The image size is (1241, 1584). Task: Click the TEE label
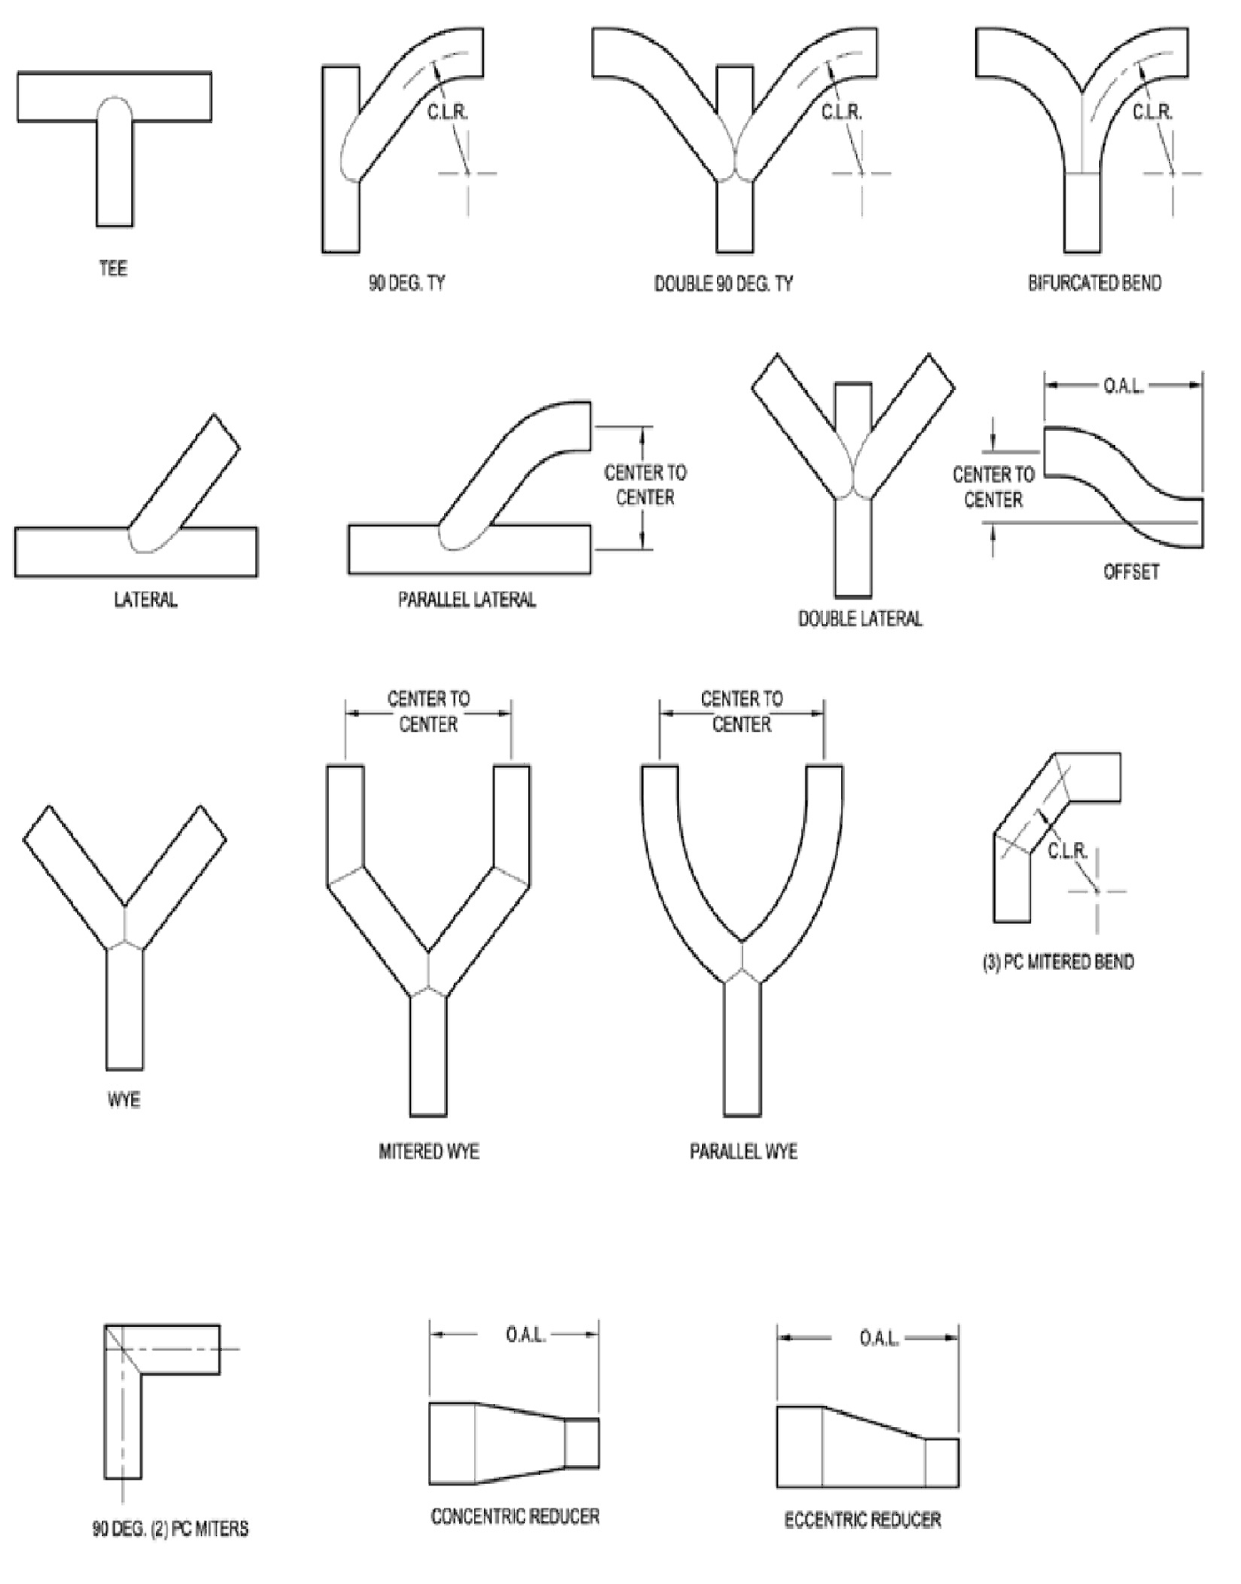[x=113, y=268]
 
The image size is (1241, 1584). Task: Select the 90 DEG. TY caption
[x=407, y=284]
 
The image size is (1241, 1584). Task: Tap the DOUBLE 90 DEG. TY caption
[x=723, y=284]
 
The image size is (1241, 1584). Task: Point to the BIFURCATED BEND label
[x=1094, y=284]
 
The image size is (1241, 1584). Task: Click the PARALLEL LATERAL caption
[x=467, y=600]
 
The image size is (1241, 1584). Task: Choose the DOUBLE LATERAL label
[x=860, y=619]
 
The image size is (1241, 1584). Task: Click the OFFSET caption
[x=1131, y=572]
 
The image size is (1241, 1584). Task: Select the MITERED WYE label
[x=429, y=1151]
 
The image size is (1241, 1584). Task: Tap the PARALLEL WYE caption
[x=743, y=1151]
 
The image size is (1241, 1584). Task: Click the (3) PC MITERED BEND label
[x=1058, y=962]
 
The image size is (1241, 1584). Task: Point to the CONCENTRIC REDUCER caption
[x=515, y=1516]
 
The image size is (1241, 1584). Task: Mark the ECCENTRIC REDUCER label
[x=862, y=1520]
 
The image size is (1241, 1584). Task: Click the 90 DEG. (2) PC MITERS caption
[x=170, y=1528]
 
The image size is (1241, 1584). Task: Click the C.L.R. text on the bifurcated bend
[x=1152, y=113]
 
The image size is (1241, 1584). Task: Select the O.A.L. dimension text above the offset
[x=1123, y=386]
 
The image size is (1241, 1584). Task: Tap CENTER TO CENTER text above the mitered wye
[x=428, y=712]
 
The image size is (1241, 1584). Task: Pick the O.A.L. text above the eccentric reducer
[x=878, y=1338]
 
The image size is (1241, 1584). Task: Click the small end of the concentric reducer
[x=582, y=1442]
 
